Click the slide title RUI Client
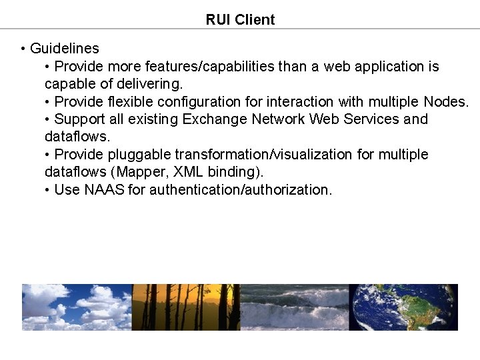click(x=240, y=19)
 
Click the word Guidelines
click(x=65, y=49)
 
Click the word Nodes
click(x=446, y=102)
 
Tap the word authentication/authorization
click(x=240, y=190)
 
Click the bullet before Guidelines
click(x=23, y=49)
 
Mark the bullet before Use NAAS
click(x=47, y=190)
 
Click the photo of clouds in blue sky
click(x=77, y=307)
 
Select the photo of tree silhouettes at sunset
click(x=186, y=307)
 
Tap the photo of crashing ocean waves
click(x=294, y=307)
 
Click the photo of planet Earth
click(x=403, y=307)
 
